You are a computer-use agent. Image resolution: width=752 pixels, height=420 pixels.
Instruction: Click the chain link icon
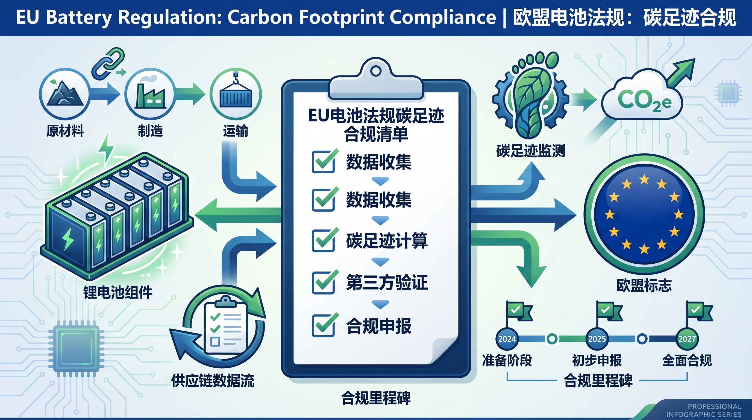pyautogui.click(x=108, y=63)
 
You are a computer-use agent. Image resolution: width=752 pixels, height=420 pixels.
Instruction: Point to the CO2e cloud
pyautogui.click(x=642, y=99)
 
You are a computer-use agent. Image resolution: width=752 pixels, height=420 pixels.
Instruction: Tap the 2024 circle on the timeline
pyautogui.click(x=507, y=339)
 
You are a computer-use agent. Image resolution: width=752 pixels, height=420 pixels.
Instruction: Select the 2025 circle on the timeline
pyautogui.click(x=597, y=339)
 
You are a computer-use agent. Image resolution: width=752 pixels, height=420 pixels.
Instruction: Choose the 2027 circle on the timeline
pyautogui.click(x=687, y=339)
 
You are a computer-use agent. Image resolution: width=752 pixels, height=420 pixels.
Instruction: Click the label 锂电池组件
pyautogui.click(x=118, y=292)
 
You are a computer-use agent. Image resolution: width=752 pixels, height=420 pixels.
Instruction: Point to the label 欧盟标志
pyautogui.click(x=644, y=285)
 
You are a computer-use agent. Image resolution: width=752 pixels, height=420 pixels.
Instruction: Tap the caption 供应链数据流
pyautogui.click(x=213, y=380)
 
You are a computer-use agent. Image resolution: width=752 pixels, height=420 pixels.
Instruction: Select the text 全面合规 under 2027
pyautogui.click(x=687, y=360)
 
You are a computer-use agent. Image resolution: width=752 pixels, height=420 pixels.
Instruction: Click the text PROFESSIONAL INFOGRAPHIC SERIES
pyautogui.click(x=704, y=410)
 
